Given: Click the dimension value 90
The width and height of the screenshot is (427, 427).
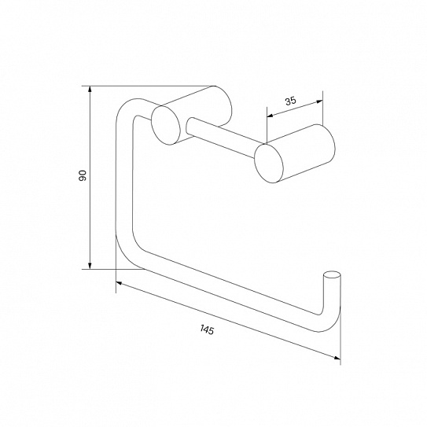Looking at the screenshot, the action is click(83, 175).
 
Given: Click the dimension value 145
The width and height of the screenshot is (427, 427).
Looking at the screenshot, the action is click(208, 329).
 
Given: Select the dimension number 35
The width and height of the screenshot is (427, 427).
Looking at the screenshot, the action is click(291, 101).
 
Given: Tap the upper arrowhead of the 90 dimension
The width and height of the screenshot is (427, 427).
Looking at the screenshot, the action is click(90, 90).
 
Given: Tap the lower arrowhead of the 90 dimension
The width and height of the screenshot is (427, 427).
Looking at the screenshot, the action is click(90, 266).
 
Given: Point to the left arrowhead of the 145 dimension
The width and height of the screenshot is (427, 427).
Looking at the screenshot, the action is click(120, 283).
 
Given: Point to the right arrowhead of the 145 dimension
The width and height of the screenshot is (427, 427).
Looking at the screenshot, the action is click(337, 358).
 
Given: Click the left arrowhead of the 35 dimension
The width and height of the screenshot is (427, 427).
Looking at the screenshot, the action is click(271, 116).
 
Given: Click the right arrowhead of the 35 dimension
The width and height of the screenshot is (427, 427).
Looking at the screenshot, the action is click(319, 102).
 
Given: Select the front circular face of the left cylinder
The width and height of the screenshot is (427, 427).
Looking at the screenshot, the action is click(166, 126).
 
